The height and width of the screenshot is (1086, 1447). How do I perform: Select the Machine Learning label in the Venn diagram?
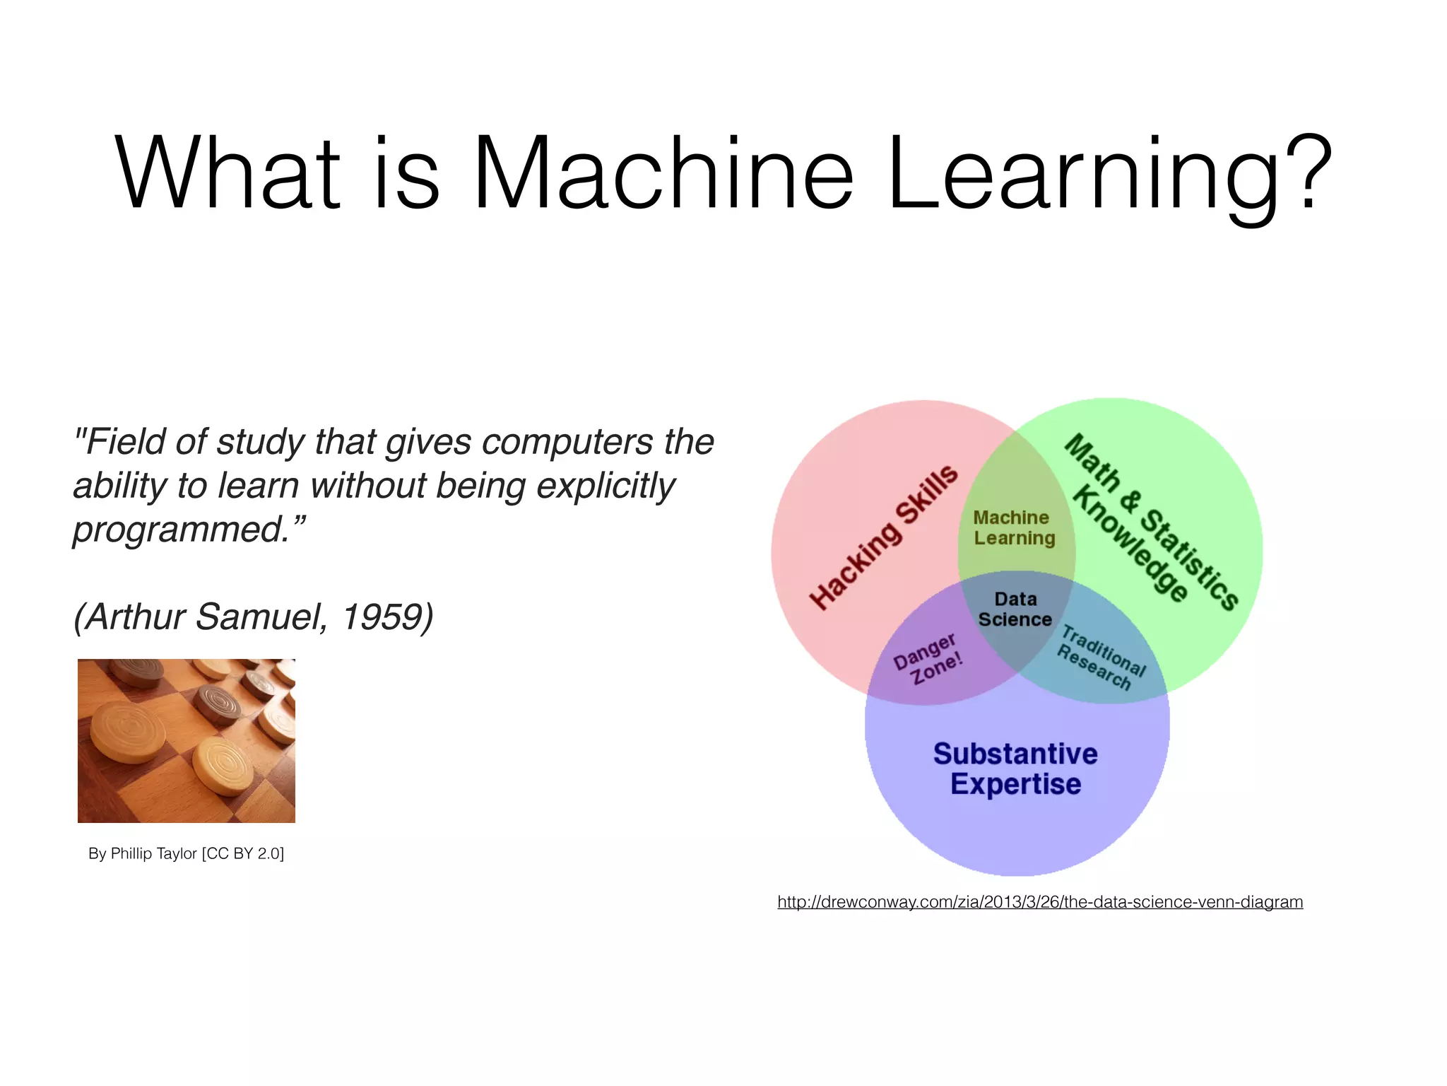[x=1014, y=528]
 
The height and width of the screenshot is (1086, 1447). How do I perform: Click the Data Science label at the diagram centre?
[x=1015, y=609]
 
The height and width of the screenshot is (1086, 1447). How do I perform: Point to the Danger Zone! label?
[x=927, y=658]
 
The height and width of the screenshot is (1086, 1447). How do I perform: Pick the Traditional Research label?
[x=1099, y=658]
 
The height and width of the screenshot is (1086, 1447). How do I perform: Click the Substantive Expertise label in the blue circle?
[x=1015, y=769]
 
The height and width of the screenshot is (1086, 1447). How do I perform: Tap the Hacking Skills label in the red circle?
[x=884, y=537]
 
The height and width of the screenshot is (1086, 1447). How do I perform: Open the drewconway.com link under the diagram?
[x=1040, y=902]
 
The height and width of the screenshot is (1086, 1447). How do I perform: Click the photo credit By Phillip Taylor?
[x=186, y=853]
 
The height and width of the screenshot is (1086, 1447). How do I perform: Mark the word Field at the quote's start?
[x=121, y=442]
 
